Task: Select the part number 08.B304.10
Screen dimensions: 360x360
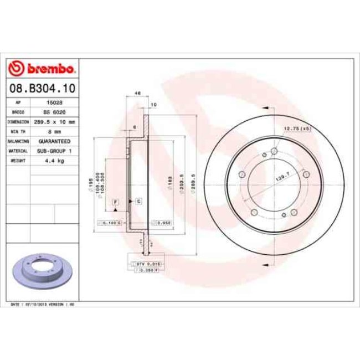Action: pyautogui.click(x=43, y=88)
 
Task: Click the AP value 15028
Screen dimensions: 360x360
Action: pyautogui.click(x=53, y=102)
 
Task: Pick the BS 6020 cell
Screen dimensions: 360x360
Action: pyautogui.click(x=53, y=112)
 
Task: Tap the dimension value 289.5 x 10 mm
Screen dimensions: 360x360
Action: pyautogui.click(x=53, y=121)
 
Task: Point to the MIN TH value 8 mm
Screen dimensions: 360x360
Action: pyautogui.click(x=53, y=131)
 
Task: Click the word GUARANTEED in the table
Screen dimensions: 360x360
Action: pyautogui.click(x=53, y=141)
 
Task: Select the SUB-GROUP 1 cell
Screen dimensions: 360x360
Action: pyautogui.click(x=53, y=151)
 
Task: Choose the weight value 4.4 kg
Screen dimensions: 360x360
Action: pyautogui.click(x=53, y=160)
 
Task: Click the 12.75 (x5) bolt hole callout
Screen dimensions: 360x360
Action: pyautogui.click(x=298, y=128)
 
